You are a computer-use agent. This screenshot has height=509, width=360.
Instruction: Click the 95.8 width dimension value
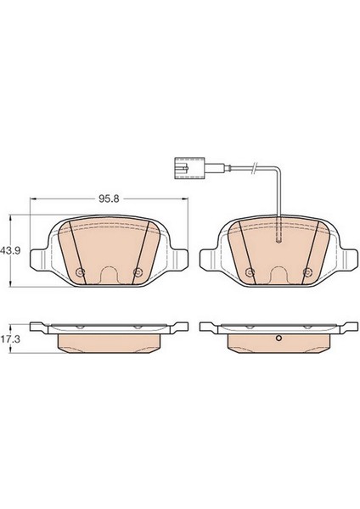click(x=110, y=199)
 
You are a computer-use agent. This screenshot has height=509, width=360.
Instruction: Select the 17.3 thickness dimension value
click(x=11, y=339)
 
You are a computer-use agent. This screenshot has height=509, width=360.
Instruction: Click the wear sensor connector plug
click(x=189, y=167)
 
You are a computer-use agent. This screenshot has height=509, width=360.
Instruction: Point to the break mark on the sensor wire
click(x=256, y=167)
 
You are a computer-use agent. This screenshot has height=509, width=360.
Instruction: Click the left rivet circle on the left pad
click(x=80, y=271)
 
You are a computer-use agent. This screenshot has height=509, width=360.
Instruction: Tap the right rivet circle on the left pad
click(x=138, y=271)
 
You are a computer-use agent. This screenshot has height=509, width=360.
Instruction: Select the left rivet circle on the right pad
click(x=250, y=271)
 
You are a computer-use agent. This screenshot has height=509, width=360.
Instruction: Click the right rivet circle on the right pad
click(x=307, y=271)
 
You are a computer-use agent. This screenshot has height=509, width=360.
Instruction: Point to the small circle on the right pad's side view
click(x=278, y=338)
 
